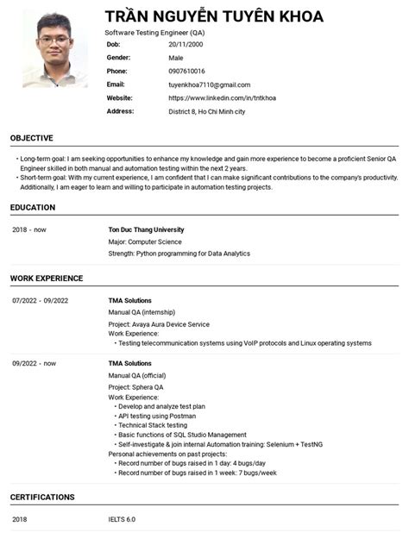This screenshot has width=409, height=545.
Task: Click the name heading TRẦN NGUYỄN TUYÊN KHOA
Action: coord(214,16)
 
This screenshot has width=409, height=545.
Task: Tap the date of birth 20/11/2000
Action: coord(186,43)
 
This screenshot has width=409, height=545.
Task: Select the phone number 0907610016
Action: coord(186,71)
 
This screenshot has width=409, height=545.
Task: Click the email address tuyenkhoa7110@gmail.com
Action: coord(209,85)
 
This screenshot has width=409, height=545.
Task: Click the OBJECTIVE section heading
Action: coord(32,138)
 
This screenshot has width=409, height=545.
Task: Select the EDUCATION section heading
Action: coord(33,208)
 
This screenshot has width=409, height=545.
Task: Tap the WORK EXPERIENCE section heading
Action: coord(47,279)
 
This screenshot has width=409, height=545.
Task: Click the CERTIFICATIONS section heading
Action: coord(42,498)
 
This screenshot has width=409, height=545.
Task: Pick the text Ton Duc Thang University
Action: coord(146,230)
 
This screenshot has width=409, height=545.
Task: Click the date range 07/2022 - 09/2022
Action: coord(41,301)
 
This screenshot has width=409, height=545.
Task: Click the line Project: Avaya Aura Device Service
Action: coord(159,324)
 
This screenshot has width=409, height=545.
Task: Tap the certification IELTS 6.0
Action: coord(122,520)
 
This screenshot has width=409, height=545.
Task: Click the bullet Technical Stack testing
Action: coord(153,425)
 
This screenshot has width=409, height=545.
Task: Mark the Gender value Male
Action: coord(176,57)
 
